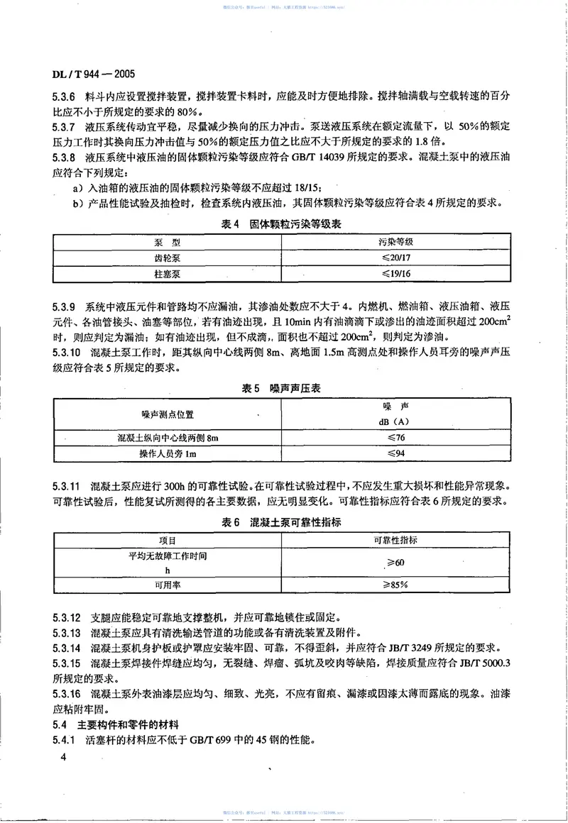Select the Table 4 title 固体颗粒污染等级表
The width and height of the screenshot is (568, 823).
point(284,224)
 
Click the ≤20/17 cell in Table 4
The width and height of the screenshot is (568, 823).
point(395,259)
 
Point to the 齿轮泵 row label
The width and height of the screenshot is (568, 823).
point(168,259)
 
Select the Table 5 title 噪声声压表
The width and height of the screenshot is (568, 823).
point(283,388)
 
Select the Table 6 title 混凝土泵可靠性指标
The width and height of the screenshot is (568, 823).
point(283,522)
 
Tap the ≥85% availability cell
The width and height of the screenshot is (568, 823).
point(395,586)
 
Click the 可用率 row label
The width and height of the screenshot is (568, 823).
point(168,586)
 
